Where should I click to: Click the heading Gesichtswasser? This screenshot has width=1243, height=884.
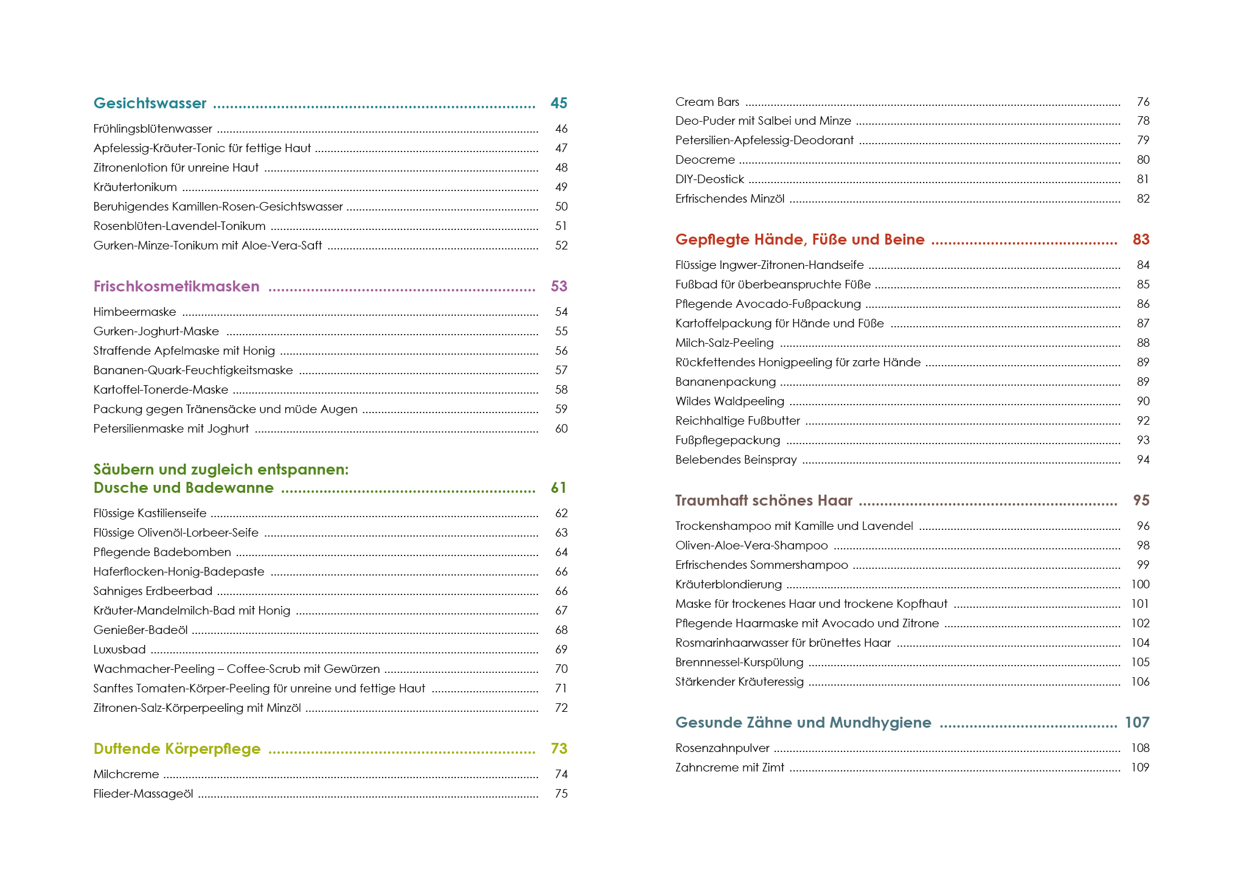[150, 103]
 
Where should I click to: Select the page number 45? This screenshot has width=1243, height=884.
[559, 103]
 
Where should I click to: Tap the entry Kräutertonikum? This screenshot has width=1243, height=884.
[135, 187]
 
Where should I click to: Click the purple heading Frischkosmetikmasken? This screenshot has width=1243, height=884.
[176, 287]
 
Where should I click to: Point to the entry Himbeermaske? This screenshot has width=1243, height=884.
[134, 312]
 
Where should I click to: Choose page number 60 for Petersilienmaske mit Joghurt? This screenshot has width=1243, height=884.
[561, 429]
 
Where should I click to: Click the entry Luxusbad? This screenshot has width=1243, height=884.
[119, 650]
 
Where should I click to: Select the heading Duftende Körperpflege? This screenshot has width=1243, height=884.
[177, 749]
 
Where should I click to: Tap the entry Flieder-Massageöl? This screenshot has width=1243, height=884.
[143, 794]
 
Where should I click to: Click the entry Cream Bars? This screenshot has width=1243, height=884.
[707, 102]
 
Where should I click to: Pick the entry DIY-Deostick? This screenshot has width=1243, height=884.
[709, 179]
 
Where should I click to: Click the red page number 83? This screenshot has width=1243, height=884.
[1141, 240]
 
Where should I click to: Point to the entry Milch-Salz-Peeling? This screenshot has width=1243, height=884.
[724, 343]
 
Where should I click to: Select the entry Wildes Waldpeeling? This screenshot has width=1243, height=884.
[729, 402]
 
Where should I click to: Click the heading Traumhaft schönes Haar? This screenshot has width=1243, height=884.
[764, 501]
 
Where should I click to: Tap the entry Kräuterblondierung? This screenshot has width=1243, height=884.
[728, 585]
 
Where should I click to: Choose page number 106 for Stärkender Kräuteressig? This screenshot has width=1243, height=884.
[1140, 682]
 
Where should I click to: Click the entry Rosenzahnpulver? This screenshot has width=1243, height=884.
[722, 748]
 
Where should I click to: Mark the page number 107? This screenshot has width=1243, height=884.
[1137, 723]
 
